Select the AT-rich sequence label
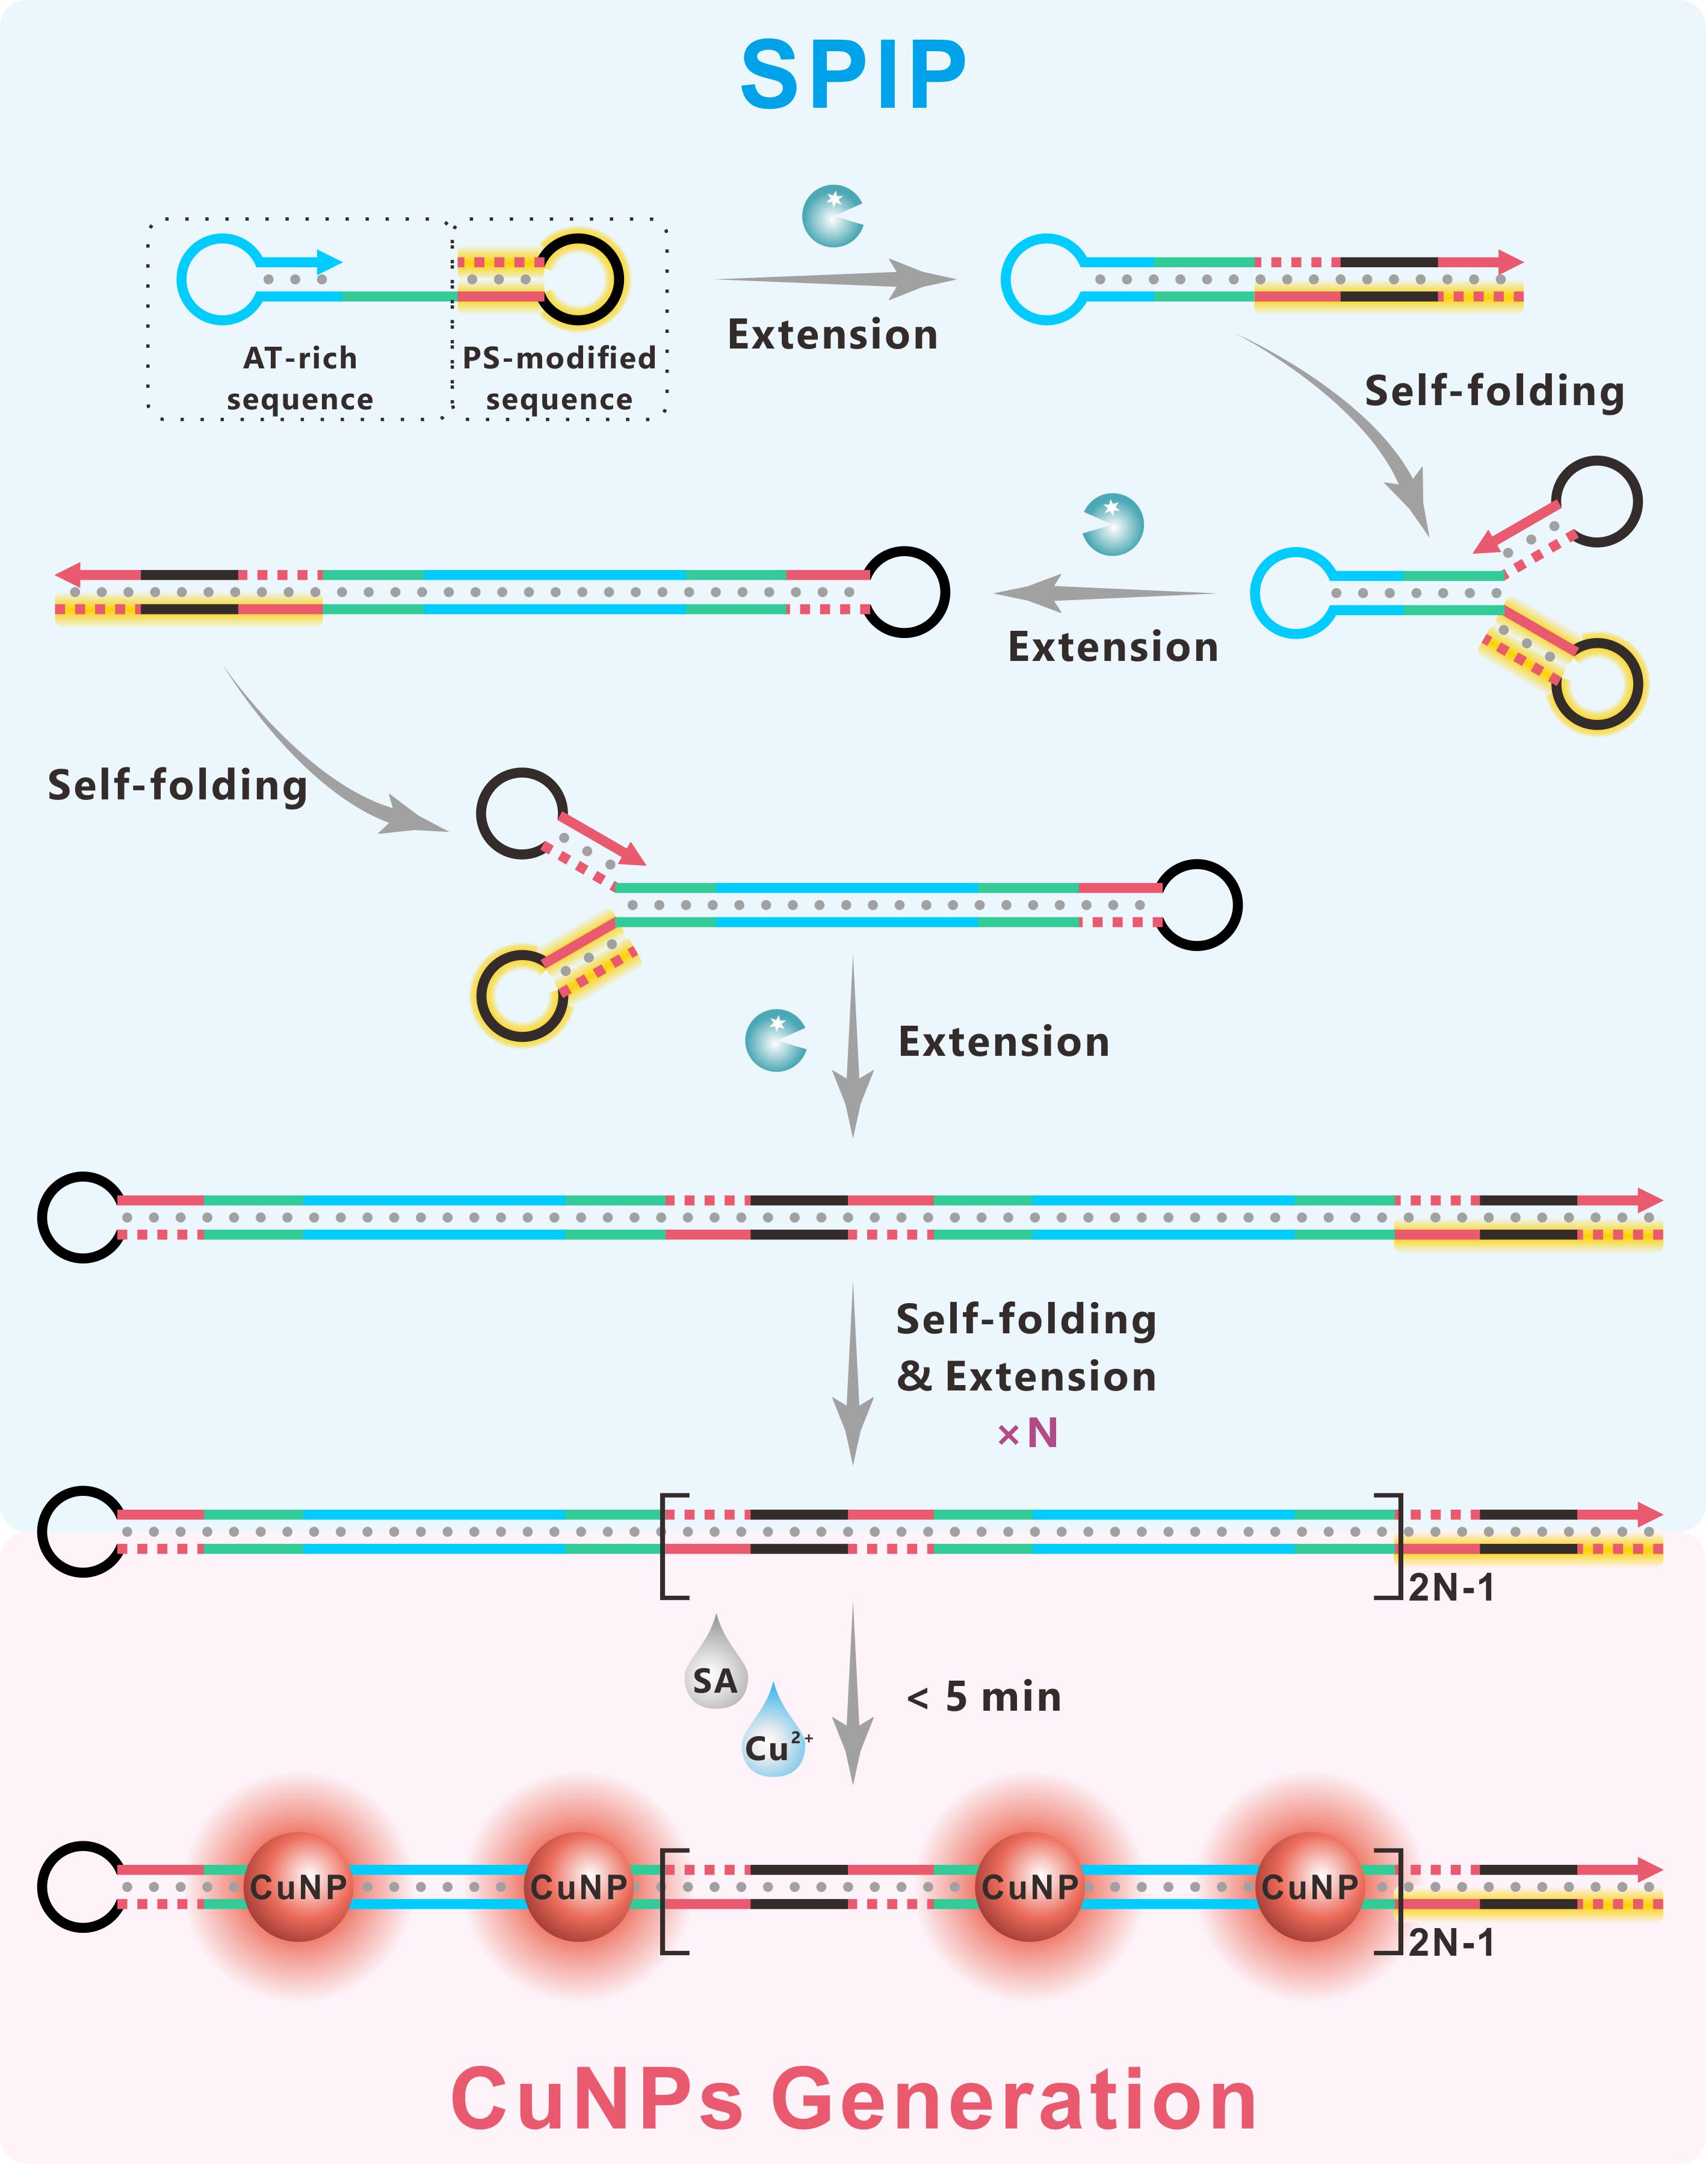[x=300, y=377]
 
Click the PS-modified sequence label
[x=560, y=377]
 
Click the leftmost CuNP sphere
[x=298, y=1887]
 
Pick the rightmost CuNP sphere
[x=1309, y=1887]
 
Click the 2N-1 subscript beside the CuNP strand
[x=1451, y=1943]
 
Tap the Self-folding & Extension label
[x=1026, y=1348]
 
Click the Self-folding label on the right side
[x=1494, y=391]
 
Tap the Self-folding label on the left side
[x=177, y=786]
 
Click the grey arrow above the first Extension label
[x=837, y=279]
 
